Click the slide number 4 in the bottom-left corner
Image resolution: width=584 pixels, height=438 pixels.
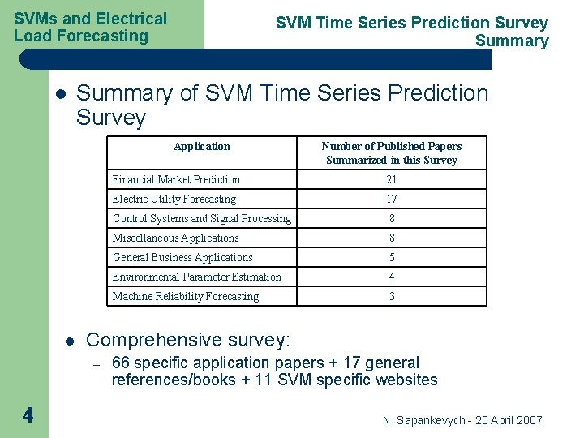(x=28, y=416)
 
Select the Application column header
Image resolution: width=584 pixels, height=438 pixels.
(x=202, y=147)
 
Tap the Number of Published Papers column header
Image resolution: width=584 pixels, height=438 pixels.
(x=392, y=153)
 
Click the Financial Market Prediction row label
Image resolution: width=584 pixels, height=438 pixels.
(x=176, y=179)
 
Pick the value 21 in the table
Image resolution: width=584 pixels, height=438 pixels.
(x=392, y=179)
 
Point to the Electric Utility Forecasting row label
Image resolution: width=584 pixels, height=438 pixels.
(x=174, y=199)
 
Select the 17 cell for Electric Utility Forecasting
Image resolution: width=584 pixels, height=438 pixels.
(x=392, y=199)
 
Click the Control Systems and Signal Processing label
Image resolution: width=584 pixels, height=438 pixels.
(x=201, y=218)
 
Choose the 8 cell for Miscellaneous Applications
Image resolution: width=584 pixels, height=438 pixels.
(x=392, y=238)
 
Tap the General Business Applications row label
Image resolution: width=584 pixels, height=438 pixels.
(x=182, y=257)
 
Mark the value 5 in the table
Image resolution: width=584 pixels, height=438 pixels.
(x=392, y=257)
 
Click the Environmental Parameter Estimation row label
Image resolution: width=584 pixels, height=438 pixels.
(x=197, y=277)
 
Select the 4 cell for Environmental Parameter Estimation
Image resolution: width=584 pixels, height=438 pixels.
(x=392, y=277)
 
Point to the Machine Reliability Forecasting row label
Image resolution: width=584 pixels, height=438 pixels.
(x=186, y=296)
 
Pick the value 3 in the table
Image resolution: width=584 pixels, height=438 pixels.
(x=392, y=296)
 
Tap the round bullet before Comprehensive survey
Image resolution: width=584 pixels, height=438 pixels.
(x=70, y=341)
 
